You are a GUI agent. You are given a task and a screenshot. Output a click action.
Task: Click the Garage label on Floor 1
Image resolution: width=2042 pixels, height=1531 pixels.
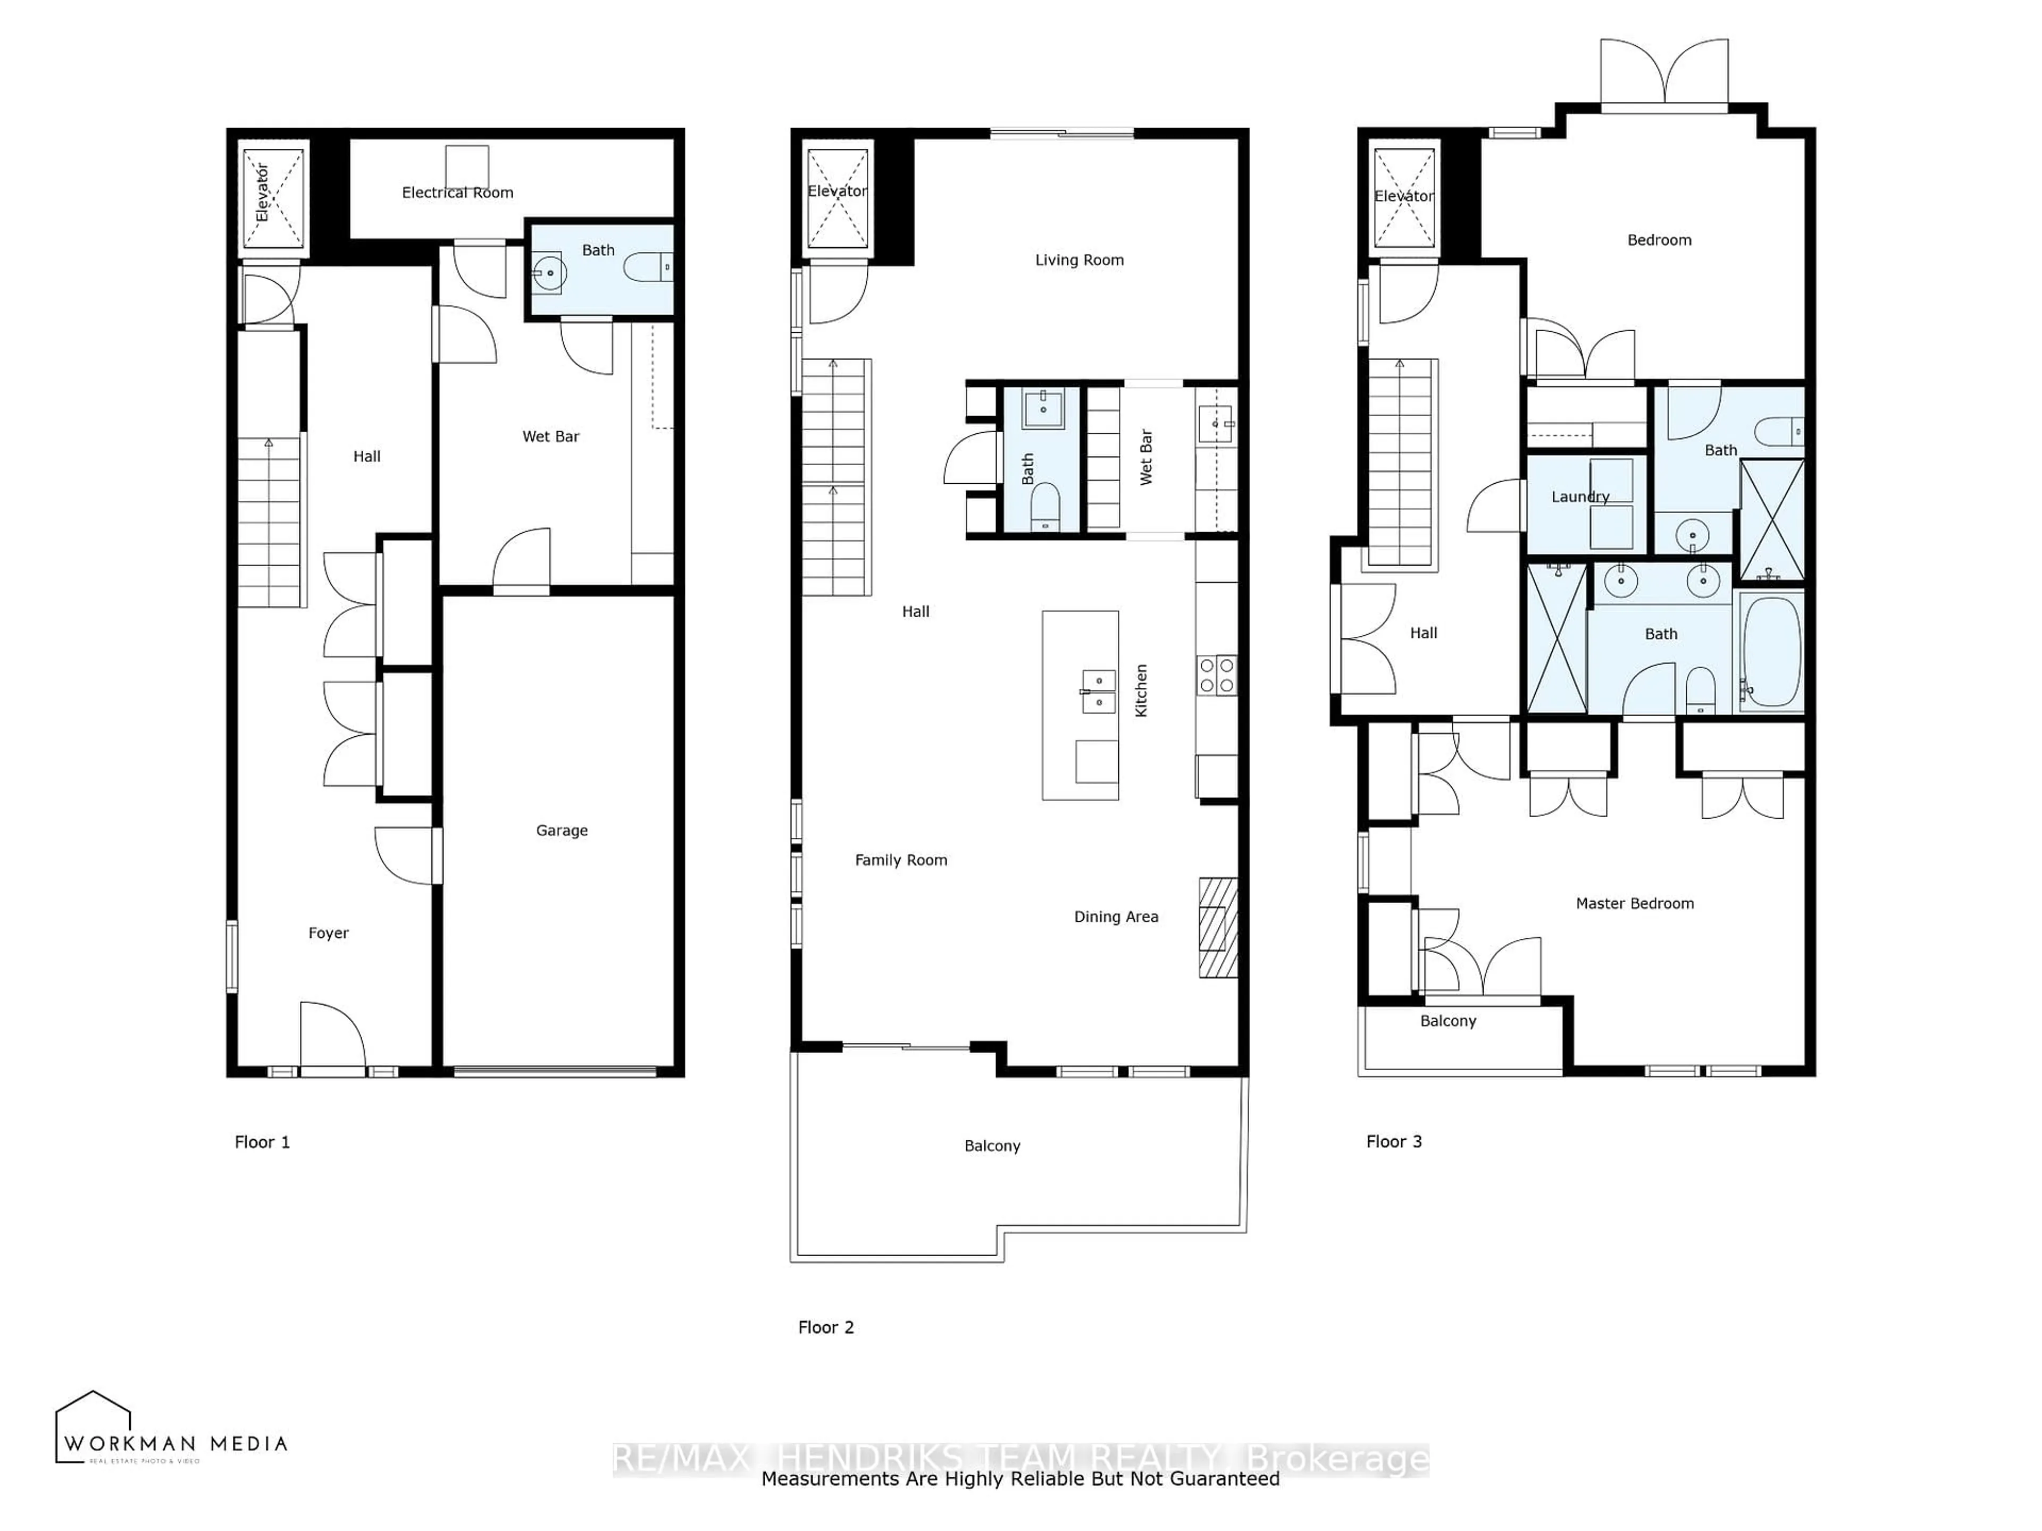point(561,830)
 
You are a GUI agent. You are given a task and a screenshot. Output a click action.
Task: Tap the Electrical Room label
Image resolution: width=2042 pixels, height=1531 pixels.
point(457,192)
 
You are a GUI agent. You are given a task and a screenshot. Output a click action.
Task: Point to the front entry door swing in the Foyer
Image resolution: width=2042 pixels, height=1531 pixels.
point(332,1033)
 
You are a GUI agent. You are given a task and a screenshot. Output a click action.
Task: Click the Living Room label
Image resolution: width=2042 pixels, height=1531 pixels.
point(1079,260)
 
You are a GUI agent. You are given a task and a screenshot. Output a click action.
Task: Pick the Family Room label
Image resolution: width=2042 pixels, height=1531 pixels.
point(900,860)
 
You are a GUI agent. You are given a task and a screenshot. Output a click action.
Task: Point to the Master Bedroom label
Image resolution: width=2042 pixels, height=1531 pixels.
point(1634,904)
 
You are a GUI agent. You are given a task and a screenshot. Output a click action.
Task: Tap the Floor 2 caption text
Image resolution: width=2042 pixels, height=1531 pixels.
point(825,1327)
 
